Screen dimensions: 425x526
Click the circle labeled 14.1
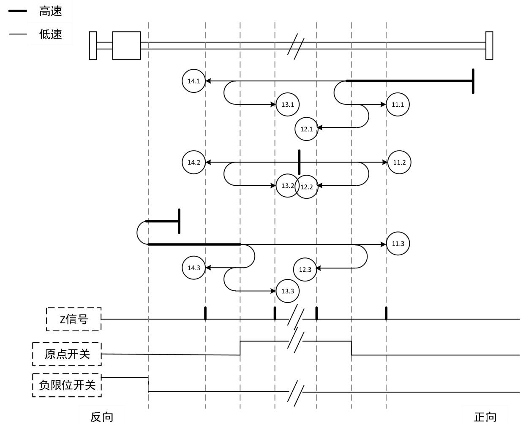[x=194, y=81]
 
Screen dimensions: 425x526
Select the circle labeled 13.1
[x=288, y=104]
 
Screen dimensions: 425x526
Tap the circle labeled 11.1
[x=398, y=104]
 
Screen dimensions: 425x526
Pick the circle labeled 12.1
[x=307, y=129]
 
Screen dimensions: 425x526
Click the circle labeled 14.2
[x=194, y=162]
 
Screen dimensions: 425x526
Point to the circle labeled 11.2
[x=399, y=162]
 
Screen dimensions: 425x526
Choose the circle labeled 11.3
[x=398, y=244]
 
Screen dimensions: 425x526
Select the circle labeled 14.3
[x=194, y=268]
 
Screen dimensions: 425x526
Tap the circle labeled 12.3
[x=305, y=269]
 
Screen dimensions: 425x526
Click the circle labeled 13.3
[x=288, y=291]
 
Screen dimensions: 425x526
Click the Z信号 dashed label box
[x=74, y=319]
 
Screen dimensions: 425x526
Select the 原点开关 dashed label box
[x=67, y=354]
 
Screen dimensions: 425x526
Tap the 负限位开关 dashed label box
[x=67, y=385]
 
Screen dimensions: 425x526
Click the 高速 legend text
[x=51, y=11]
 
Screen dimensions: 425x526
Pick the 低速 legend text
[x=51, y=34]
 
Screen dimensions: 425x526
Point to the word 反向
[x=102, y=417]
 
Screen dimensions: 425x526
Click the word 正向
[x=485, y=417]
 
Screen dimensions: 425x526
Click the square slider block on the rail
[x=126, y=45]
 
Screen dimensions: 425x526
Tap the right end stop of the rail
[x=489, y=45]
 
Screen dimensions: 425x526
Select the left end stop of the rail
[x=93, y=45]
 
